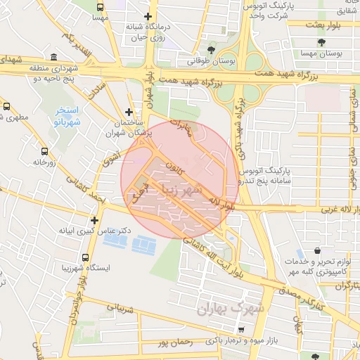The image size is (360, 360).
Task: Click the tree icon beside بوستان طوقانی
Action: coord(211,49)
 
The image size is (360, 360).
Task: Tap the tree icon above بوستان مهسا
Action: coord(322,42)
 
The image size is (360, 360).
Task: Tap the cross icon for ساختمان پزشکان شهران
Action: coord(128,112)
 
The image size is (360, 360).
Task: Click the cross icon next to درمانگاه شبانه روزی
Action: coord(147,16)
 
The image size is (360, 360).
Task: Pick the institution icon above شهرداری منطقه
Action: coord(54,57)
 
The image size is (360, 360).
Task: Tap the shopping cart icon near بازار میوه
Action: coord(242,329)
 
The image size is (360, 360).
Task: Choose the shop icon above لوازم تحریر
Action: coord(318,250)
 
